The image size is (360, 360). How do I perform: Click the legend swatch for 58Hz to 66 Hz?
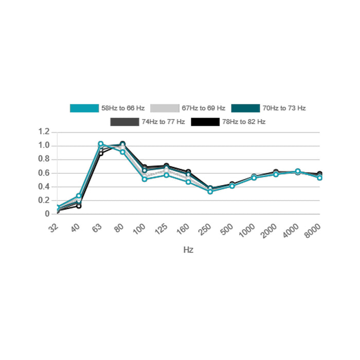pos(84,108)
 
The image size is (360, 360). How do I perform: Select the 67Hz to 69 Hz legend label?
pos(203,108)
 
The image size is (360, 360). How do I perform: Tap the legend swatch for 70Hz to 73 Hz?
pos(245,108)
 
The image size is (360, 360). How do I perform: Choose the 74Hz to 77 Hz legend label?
pos(163,122)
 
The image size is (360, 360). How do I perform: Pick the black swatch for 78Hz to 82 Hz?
pos(205,122)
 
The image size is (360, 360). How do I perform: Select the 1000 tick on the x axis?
pos(247,229)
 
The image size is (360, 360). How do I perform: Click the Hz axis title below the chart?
pos(188,250)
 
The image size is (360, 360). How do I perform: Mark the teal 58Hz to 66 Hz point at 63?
pos(101,144)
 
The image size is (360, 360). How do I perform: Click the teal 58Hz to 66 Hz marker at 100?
pos(145,179)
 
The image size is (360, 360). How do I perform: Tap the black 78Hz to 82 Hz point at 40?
pos(79,206)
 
